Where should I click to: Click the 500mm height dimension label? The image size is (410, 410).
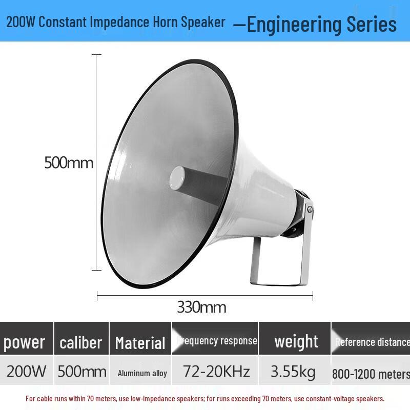(69, 163)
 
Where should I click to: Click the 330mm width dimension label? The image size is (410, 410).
(201, 307)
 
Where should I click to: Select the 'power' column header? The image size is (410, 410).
(25, 342)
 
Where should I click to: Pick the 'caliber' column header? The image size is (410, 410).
(81, 342)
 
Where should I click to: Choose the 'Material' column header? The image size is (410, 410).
(140, 342)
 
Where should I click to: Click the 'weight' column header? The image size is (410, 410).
(296, 341)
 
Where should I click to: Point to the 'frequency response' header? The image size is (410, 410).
(217, 341)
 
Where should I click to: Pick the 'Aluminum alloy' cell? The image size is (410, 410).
(142, 373)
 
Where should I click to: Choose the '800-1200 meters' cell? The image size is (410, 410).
(371, 374)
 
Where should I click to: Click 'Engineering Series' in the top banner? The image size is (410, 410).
(321, 24)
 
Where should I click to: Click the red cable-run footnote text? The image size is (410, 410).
(205, 398)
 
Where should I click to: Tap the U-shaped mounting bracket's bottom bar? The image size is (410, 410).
(277, 281)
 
